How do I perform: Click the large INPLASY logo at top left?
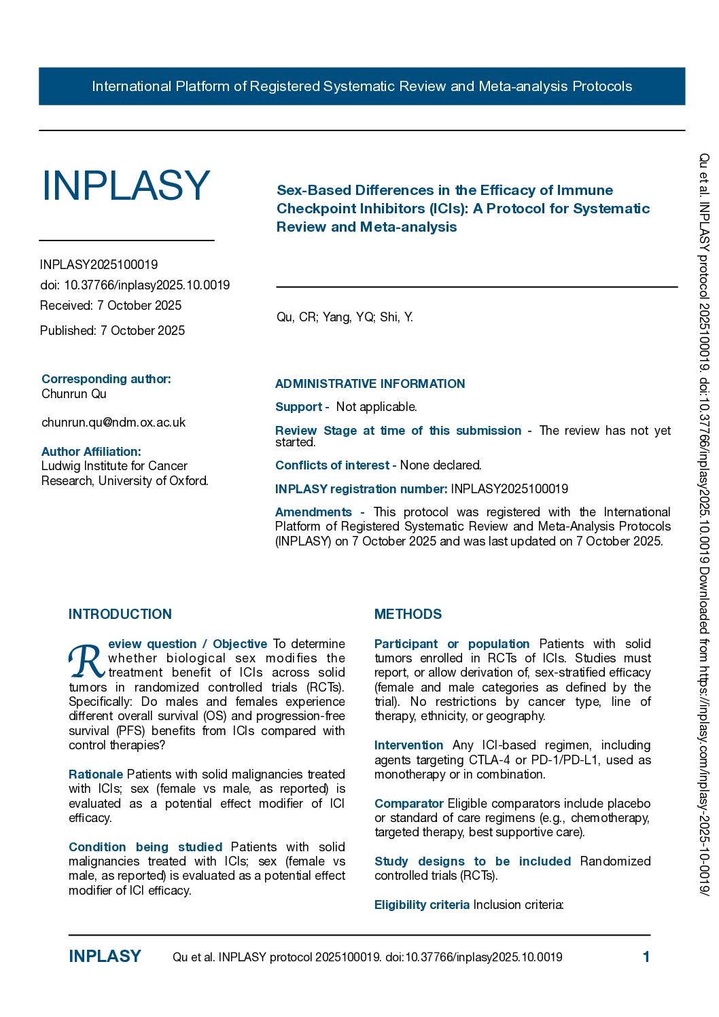126,185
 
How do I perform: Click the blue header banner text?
362,86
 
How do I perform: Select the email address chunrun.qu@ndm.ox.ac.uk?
113,423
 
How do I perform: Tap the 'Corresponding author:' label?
106,379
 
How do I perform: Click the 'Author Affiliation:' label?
91,452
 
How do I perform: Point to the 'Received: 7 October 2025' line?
111,306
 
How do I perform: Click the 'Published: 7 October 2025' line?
112,331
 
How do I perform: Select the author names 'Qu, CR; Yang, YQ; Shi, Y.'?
345,317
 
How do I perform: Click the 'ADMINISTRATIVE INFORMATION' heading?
370,384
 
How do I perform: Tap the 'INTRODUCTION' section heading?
120,614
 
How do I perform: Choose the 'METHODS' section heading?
408,614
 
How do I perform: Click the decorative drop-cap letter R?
86,661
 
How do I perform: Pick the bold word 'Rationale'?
96,774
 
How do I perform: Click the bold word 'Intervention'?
408,745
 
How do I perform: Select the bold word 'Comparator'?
408,804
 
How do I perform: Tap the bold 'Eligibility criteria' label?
422,905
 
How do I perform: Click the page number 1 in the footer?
646,957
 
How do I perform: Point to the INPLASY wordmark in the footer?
105,957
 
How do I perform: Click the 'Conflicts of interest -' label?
336,465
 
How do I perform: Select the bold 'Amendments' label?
313,512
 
